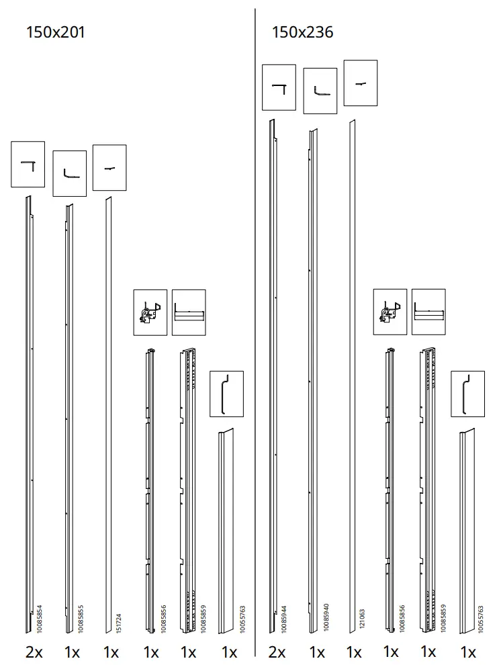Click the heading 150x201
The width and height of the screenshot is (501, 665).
[x=55, y=32]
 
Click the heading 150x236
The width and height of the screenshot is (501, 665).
[x=302, y=32]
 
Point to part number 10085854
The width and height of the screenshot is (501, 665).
[x=39, y=619]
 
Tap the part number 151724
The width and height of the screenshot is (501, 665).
[x=119, y=623]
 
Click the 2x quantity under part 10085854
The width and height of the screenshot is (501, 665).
[x=34, y=651]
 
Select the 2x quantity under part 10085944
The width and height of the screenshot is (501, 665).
[x=277, y=652]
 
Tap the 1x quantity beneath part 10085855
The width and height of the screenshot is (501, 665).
[x=72, y=651]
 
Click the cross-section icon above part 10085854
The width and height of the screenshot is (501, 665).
[x=28, y=164]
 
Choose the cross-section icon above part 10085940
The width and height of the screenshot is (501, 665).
[x=320, y=91]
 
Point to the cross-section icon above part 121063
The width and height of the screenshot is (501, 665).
[x=361, y=83]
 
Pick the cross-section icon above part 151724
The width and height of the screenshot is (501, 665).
[x=109, y=168]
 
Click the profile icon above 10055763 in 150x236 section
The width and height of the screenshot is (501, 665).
[x=467, y=394]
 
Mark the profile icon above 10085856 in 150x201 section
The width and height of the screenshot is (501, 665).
[x=150, y=312]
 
